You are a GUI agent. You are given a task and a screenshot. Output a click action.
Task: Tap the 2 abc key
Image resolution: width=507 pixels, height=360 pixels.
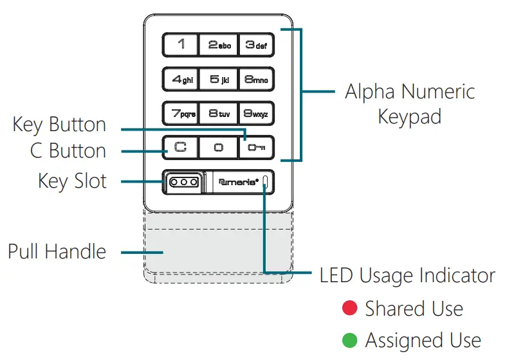tap(218, 45)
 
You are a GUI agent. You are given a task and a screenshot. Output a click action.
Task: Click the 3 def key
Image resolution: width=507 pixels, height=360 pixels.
tap(256, 45)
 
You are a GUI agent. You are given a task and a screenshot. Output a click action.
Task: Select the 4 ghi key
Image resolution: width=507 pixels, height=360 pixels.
tap(180, 80)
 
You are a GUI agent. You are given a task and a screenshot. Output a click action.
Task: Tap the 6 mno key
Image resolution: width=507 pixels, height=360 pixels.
tap(256, 80)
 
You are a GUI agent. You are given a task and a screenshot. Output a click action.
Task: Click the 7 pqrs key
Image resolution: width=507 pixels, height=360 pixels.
tap(180, 114)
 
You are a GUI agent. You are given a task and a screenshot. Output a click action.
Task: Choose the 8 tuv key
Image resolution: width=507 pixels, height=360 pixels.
tap(218, 114)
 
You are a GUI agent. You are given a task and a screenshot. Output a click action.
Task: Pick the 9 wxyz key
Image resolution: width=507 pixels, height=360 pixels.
tap(256, 114)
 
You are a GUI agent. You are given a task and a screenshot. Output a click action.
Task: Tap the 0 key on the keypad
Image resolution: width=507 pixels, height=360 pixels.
tap(218, 148)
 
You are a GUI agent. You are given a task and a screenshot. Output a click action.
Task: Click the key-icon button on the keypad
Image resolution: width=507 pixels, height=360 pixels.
tap(256, 148)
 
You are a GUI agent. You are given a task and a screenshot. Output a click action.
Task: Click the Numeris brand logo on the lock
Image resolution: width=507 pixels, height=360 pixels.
tap(239, 182)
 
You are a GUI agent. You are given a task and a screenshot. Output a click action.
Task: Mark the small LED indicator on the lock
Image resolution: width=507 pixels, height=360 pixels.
tap(265, 183)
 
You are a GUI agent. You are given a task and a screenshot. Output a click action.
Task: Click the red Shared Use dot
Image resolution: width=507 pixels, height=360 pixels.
tap(349, 309)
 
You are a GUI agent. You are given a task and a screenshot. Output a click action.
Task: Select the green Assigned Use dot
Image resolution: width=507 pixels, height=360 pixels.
tap(349, 339)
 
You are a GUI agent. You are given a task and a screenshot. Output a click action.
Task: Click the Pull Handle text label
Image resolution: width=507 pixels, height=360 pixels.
tap(57, 251)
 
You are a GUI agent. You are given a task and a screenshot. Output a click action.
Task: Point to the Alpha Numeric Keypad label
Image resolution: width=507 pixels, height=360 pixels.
tap(410, 104)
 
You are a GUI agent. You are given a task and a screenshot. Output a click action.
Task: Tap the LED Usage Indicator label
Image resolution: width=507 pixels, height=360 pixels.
tap(407, 276)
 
